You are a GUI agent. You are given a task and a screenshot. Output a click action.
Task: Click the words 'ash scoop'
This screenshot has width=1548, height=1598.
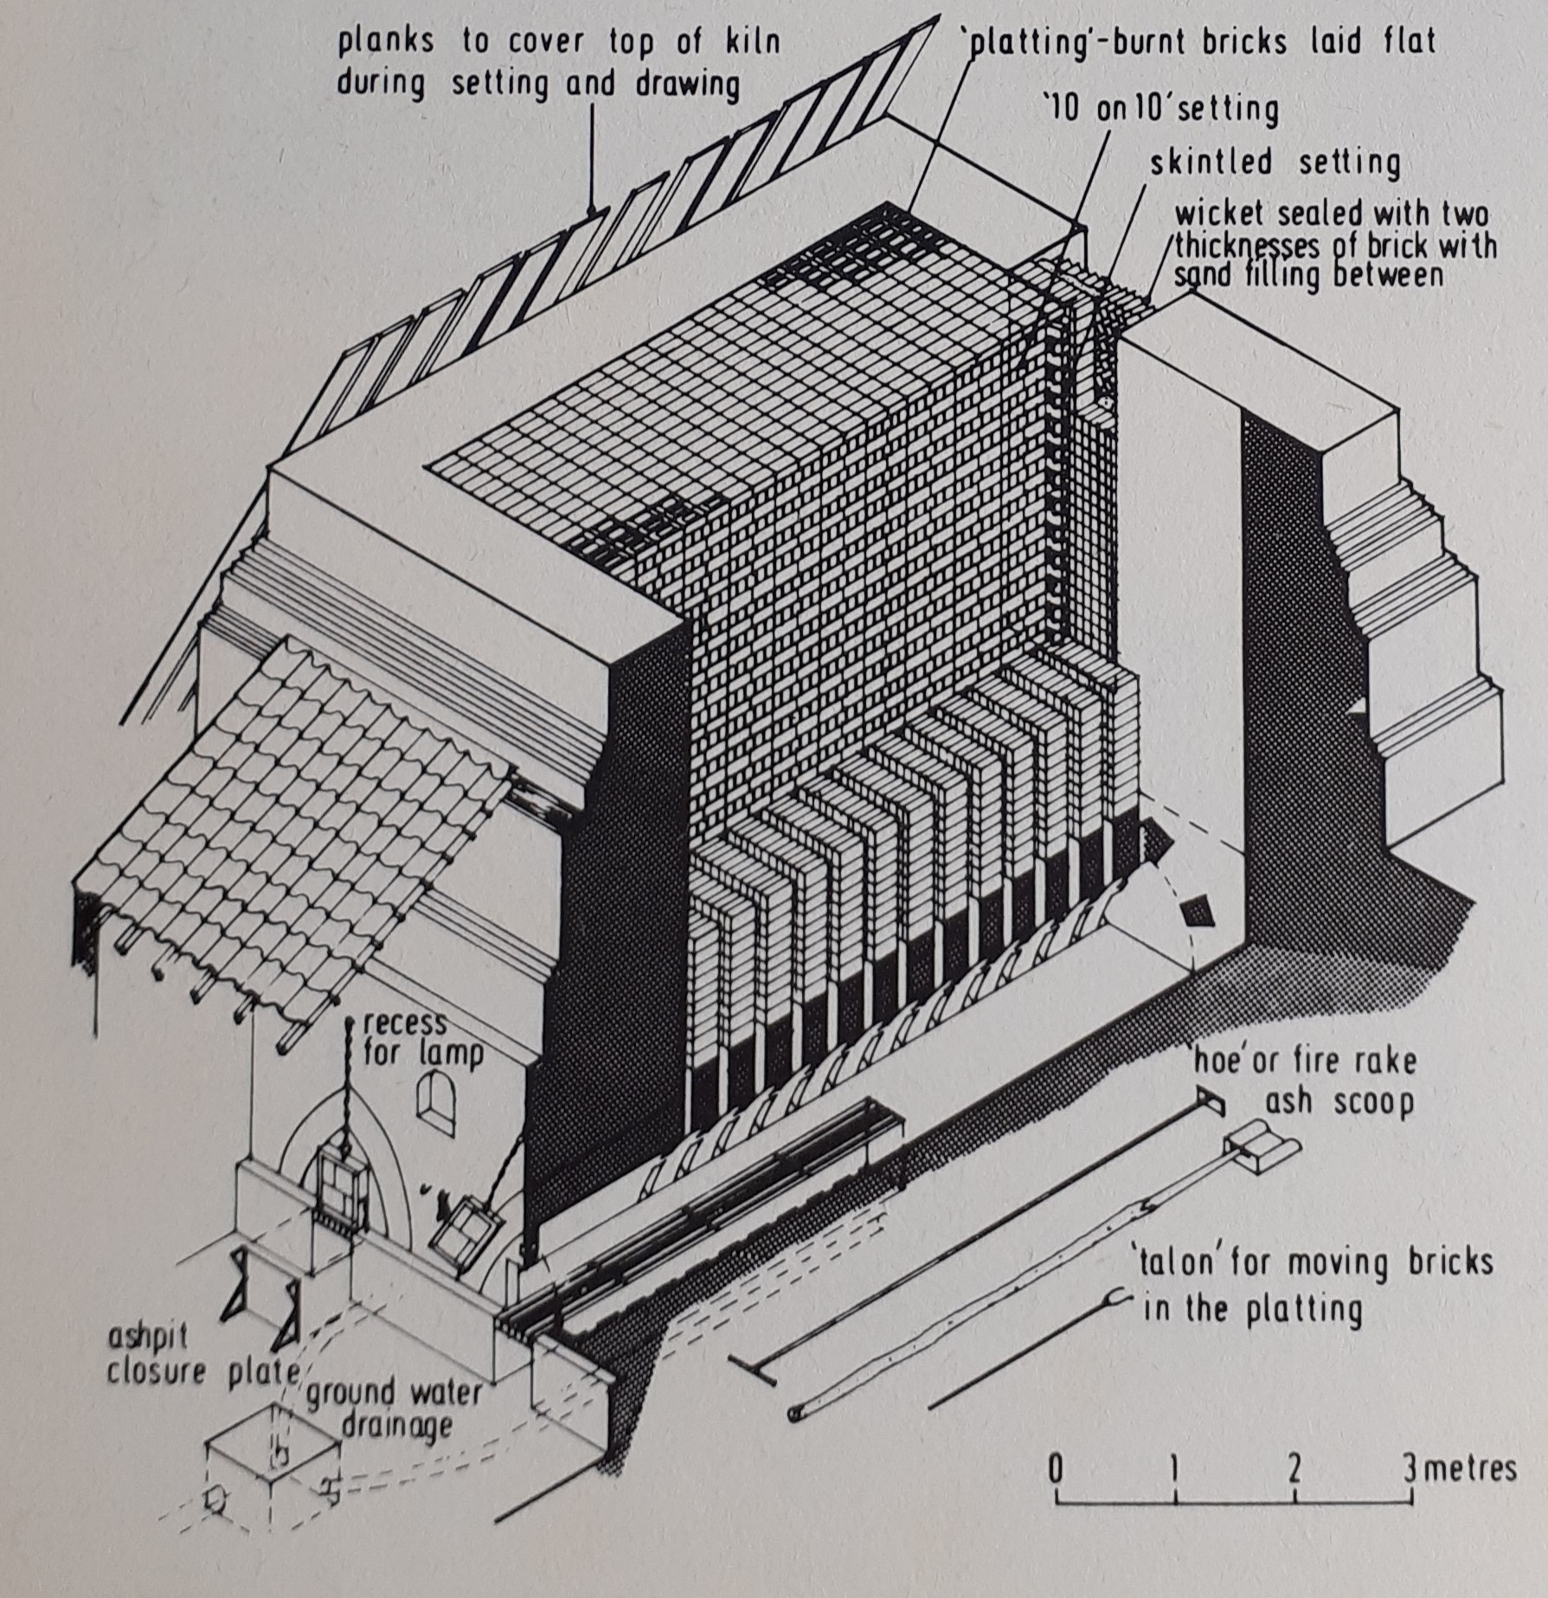point(1338,1102)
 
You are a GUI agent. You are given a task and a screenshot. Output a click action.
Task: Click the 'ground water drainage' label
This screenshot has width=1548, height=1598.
point(395,1409)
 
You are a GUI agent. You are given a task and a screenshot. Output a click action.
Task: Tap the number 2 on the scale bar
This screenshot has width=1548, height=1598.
point(1294,1468)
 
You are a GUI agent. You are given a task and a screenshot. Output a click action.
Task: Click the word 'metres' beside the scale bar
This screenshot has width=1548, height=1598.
point(1468,1468)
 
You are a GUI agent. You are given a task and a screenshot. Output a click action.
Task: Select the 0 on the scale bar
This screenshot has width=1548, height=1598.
point(1056,1468)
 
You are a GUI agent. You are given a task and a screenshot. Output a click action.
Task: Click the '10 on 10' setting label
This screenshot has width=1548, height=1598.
point(1160,110)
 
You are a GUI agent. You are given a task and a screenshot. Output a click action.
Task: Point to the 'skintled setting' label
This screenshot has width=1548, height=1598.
point(1275,163)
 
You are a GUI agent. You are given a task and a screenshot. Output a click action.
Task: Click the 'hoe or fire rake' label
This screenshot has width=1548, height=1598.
point(1305,1061)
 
